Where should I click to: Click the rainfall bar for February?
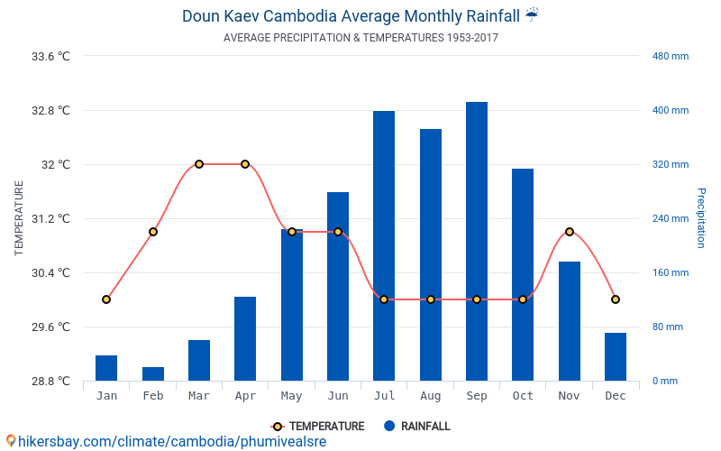coord(153,373)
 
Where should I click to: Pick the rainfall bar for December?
coord(616,356)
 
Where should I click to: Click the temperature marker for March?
coord(199,164)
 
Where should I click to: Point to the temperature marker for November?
coord(569,232)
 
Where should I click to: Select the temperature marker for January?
coord(106,299)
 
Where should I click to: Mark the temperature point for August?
coord(431,299)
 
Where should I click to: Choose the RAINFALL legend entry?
coord(424,427)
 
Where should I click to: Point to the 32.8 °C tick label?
coord(50,111)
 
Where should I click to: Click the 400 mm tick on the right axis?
coord(671,111)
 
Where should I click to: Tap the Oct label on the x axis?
coord(523,396)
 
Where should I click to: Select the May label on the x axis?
coord(292,396)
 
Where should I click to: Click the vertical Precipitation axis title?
coord(700,218)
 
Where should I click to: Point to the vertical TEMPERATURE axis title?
coord(19,218)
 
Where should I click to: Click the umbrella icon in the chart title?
coord(532,14)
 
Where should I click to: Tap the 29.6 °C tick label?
coord(50,327)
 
